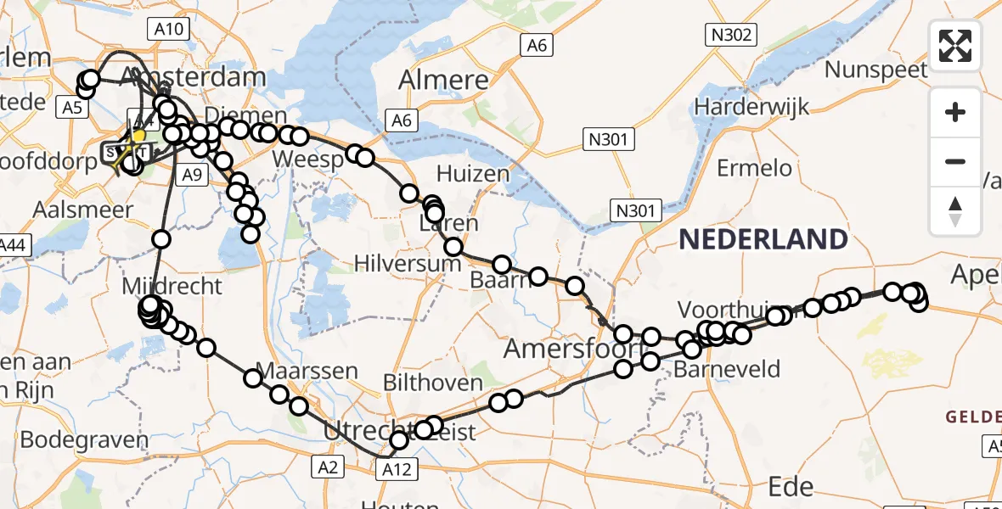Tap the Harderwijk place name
click(x=751, y=107)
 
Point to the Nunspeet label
click(x=876, y=69)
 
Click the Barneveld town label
click(x=726, y=370)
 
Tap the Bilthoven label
click(x=433, y=383)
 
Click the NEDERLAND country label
click(x=763, y=240)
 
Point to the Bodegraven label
click(x=83, y=440)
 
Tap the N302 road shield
click(x=729, y=34)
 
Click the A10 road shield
click(x=168, y=30)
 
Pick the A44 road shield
click(x=10, y=246)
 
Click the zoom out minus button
click(x=955, y=162)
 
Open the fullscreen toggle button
click(x=955, y=46)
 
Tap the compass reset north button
click(x=955, y=211)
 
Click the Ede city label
click(x=791, y=486)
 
